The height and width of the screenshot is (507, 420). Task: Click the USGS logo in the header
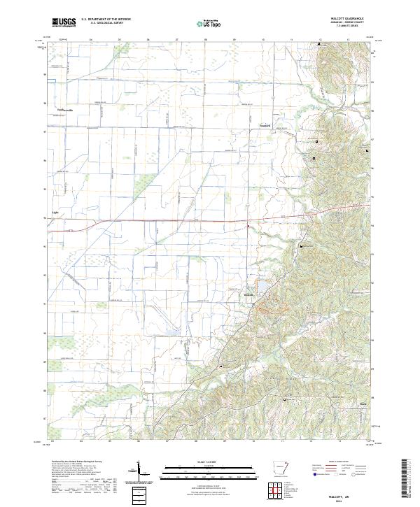64,22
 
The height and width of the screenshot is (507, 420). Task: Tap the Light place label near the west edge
56,210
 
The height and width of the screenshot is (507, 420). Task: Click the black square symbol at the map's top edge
320,45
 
